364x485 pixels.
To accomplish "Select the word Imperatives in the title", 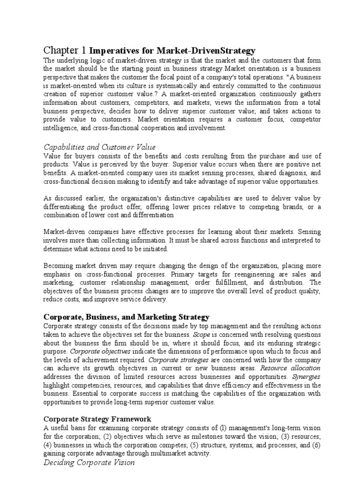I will pos(111,50).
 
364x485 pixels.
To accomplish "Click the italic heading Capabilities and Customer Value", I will pos(100,147).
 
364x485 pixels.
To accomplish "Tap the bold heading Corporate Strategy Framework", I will pos(98,419).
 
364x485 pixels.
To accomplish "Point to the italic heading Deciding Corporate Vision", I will pos(89,462).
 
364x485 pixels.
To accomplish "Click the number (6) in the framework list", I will pos(315,445).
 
